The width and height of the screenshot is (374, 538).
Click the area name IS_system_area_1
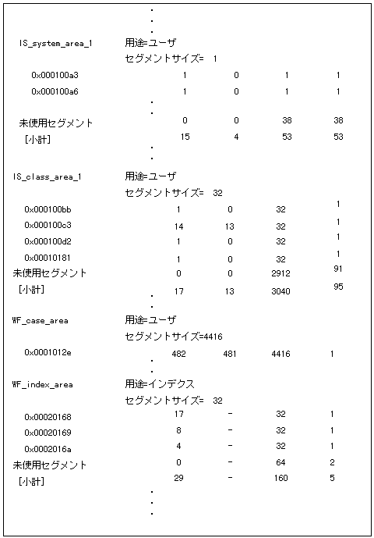pos(55,43)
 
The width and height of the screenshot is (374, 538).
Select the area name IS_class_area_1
pos(47,176)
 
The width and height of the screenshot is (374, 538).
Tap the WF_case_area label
pos(41,320)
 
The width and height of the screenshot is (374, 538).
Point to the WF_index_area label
pos(44,385)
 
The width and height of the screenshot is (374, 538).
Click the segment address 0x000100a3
pos(55,76)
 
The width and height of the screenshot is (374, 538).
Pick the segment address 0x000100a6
pos(55,91)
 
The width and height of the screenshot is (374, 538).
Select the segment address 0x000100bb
pos(48,210)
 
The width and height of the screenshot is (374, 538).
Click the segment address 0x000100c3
pos(48,226)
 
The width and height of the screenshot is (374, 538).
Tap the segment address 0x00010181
pos(48,258)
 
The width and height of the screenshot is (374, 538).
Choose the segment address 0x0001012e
pos(48,353)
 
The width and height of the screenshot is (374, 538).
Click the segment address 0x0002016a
pos(48,448)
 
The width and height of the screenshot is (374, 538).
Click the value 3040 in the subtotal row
pos(281,291)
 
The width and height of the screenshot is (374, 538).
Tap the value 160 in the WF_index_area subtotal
pos(281,478)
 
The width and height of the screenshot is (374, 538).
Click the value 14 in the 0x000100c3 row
pos(178,226)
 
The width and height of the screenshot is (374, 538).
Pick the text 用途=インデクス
pos(160,384)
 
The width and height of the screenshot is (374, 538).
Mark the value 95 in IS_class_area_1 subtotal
pos(338,287)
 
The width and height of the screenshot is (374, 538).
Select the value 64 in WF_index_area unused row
pos(281,462)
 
